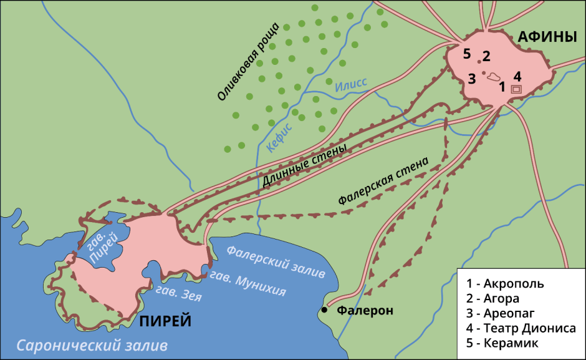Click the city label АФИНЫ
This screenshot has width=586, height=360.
pyautogui.click(x=547, y=37)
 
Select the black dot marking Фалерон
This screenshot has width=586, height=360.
pyautogui.click(x=324, y=310)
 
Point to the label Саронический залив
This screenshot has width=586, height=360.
pyautogui.click(x=92, y=345)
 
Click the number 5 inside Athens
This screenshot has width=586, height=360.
pyautogui.click(x=467, y=53)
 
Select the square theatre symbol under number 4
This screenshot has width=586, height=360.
pyautogui.click(x=516, y=89)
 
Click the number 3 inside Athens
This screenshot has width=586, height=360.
pyautogui.click(x=472, y=79)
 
